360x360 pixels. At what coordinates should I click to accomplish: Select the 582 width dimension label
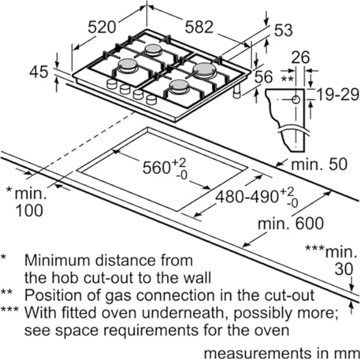pos(199,27)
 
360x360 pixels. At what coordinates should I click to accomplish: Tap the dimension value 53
pos(283,30)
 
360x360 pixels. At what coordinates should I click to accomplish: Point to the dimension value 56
pos(264,77)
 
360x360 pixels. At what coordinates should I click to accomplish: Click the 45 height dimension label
pos(39,72)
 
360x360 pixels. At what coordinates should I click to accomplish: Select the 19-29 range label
pos(336,94)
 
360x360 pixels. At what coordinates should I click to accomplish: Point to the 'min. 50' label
pos(319,164)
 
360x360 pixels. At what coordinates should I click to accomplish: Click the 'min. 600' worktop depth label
pos(291,224)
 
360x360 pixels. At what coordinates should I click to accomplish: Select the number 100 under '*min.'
pos(29,210)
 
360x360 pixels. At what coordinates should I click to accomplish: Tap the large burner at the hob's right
pos(204,69)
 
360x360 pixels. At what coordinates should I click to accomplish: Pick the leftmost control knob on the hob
pos(112,85)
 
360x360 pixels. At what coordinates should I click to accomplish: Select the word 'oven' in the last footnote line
pos(272,330)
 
